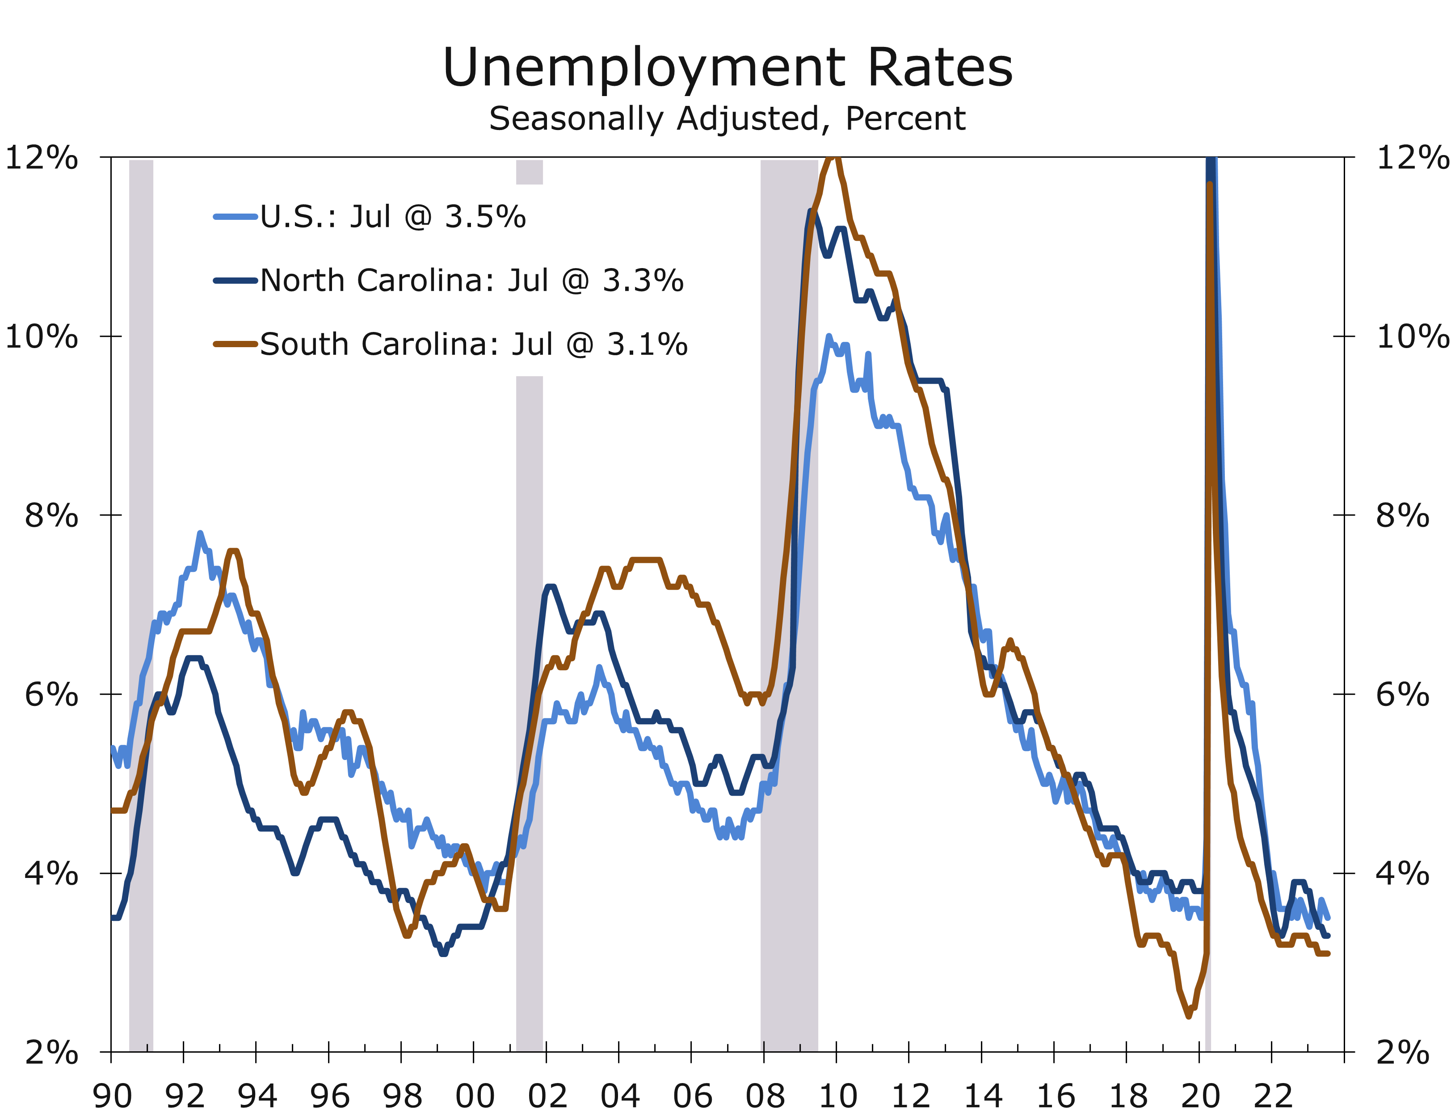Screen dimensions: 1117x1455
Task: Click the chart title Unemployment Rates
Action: pyautogui.click(x=727, y=68)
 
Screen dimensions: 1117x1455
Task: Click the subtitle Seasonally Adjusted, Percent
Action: pyautogui.click(x=727, y=119)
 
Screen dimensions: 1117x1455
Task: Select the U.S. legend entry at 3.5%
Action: pyautogui.click(x=392, y=217)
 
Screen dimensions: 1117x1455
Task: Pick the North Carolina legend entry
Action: pyautogui.click(x=471, y=281)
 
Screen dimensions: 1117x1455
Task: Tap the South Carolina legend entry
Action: pyautogui.click(x=474, y=344)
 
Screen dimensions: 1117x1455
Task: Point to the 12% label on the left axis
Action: pyautogui.click(x=41, y=158)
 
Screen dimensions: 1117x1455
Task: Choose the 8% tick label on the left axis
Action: pyautogui.click(x=51, y=515)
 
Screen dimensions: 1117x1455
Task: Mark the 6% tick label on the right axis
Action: pyautogui.click(x=1402, y=695)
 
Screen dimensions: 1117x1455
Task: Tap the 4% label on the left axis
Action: pyautogui.click(x=51, y=873)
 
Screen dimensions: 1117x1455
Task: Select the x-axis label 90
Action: pyautogui.click(x=112, y=1096)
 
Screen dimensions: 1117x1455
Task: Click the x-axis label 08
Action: pyautogui.click(x=765, y=1096)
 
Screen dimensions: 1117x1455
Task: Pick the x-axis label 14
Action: pyautogui.click(x=983, y=1096)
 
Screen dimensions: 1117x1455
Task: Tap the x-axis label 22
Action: pyautogui.click(x=1273, y=1096)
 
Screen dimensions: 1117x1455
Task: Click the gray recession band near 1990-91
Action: pyautogui.click(x=141, y=598)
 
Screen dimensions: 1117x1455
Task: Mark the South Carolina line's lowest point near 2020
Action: pyautogui.click(x=1188, y=1016)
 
